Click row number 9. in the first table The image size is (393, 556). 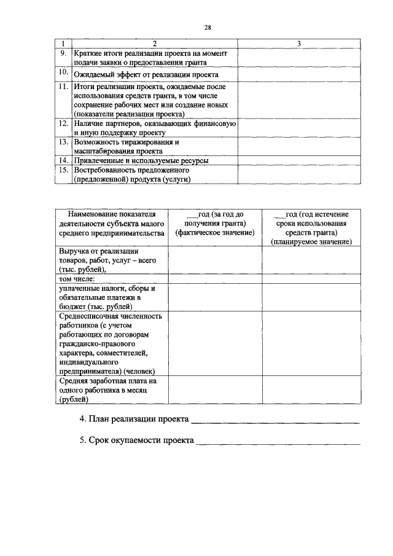(63, 53)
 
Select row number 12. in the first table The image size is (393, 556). (63, 123)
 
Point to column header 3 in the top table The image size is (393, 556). (298, 44)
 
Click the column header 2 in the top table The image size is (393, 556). (154, 44)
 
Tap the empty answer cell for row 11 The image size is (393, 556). (298, 100)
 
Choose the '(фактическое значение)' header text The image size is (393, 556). (214, 233)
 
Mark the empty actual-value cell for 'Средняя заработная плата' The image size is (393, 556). (215, 390)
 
